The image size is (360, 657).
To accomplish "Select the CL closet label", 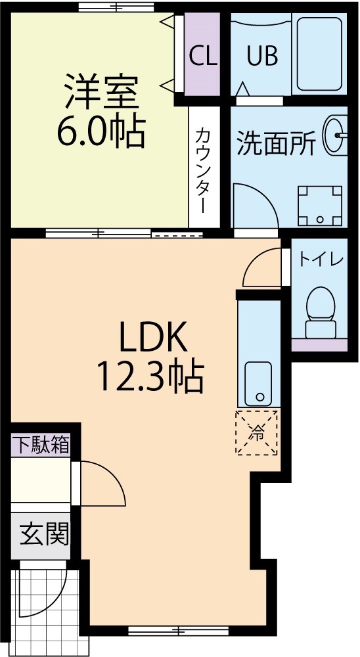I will pyautogui.click(x=203, y=57).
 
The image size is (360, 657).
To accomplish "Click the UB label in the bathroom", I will pyautogui.click(x=262, y=57).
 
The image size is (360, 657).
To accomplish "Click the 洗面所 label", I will pyautogui.click(x=276, y=143).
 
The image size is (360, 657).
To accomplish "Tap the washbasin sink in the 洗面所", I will pyautogui.click(x=336, y=135).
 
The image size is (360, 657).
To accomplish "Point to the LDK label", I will pyautogui.click(x=153, y=338).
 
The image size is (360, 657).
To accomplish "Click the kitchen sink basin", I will pyautogui.click(x=259, y=384).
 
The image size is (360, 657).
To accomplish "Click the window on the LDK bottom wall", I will pyautogui.click(x=178, y=631).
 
